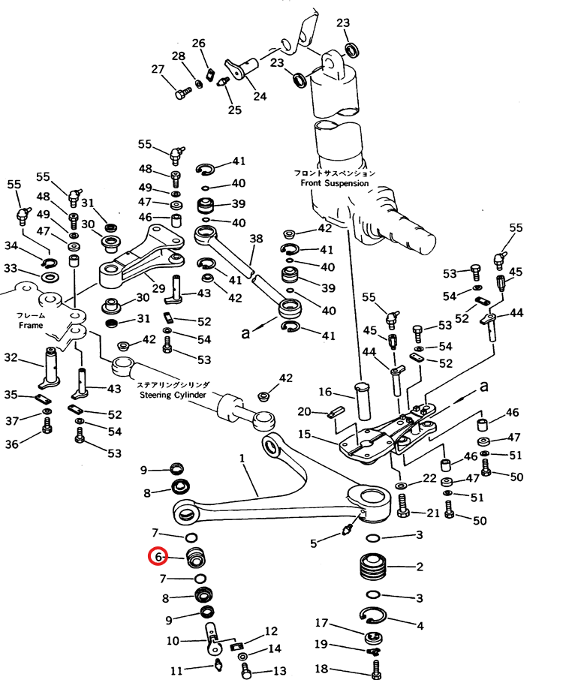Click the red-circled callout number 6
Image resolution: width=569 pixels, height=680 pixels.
pos(158,557)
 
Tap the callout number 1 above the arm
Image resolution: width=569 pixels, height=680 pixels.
pos(242,458)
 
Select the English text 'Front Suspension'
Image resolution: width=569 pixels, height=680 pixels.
pos(335,183)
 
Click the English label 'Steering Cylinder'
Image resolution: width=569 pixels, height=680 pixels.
pos(173,393)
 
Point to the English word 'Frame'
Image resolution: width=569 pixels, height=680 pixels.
pos(31,326)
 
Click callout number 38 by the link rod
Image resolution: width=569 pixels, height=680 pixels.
pos(256,239)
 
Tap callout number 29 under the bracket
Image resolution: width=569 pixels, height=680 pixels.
pos(158,288)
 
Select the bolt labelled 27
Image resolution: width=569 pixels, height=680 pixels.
pos(180,95)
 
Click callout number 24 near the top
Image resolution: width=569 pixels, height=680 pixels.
pos(259,96)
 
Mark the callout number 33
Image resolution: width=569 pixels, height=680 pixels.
pos(10,268)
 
